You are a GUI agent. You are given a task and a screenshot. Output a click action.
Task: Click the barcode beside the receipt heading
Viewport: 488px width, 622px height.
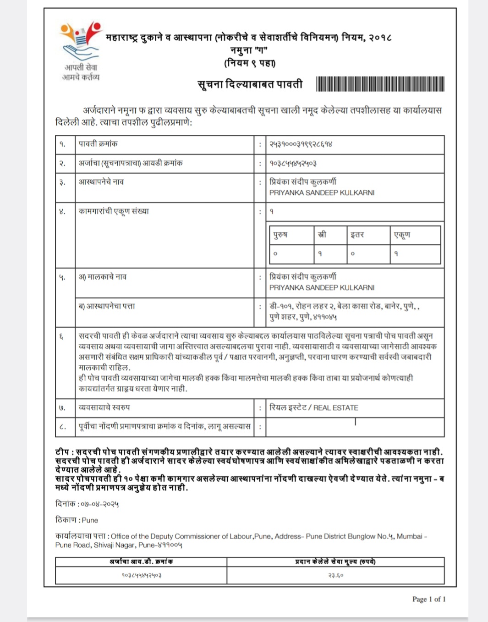point(380,84)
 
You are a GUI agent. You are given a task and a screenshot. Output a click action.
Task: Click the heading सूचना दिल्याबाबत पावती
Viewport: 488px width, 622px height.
point(250,84)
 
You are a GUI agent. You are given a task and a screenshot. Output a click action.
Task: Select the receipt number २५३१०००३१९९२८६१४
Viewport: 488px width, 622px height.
point(301,144)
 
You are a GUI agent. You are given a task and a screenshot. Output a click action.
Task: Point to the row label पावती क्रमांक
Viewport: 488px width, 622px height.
point(98,144)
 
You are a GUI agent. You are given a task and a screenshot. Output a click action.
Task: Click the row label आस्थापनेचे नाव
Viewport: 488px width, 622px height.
point(101,182)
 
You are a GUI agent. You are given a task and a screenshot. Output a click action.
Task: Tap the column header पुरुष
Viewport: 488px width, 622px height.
point(280,235)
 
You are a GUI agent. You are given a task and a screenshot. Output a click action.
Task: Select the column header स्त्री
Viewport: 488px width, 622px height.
point(323,235)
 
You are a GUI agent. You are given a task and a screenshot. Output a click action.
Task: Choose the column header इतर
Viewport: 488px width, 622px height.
point(357,235)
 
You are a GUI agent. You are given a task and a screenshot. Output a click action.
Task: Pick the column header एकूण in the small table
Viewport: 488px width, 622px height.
point(402,235)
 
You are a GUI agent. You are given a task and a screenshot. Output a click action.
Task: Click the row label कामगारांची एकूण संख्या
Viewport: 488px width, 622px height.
point(114,211)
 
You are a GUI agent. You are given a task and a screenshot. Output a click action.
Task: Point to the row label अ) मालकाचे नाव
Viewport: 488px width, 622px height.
point(103,277)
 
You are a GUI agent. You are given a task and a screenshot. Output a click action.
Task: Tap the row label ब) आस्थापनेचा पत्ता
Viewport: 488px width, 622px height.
point(107,306)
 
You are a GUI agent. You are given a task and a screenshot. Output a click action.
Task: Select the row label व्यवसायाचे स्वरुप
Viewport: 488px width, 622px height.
point(104,407)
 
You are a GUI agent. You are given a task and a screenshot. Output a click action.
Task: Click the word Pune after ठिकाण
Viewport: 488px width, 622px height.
point(90,520)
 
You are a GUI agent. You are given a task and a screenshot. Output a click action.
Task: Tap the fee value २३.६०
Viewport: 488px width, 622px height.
point(336,575)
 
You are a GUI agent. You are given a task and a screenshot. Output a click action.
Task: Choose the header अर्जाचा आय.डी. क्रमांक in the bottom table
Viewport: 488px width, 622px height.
point(141,561)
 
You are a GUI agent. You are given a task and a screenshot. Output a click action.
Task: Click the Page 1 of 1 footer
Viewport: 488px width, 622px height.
point(429,599)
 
